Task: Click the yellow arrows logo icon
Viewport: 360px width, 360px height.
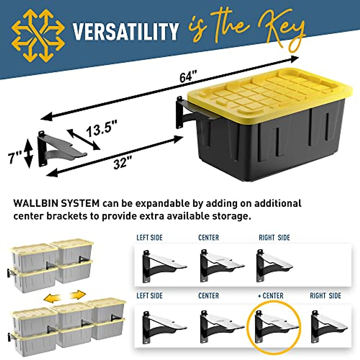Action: coord(38,35)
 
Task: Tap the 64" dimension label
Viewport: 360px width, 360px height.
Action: coord(188,77)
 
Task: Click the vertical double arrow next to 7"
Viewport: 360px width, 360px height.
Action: coord(28,153)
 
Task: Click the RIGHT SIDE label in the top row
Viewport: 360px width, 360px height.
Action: coord(274,238)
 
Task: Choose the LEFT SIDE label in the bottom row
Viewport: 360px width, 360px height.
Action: coord(149,296)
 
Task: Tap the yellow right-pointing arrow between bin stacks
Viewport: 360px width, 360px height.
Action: coord(78,295)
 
